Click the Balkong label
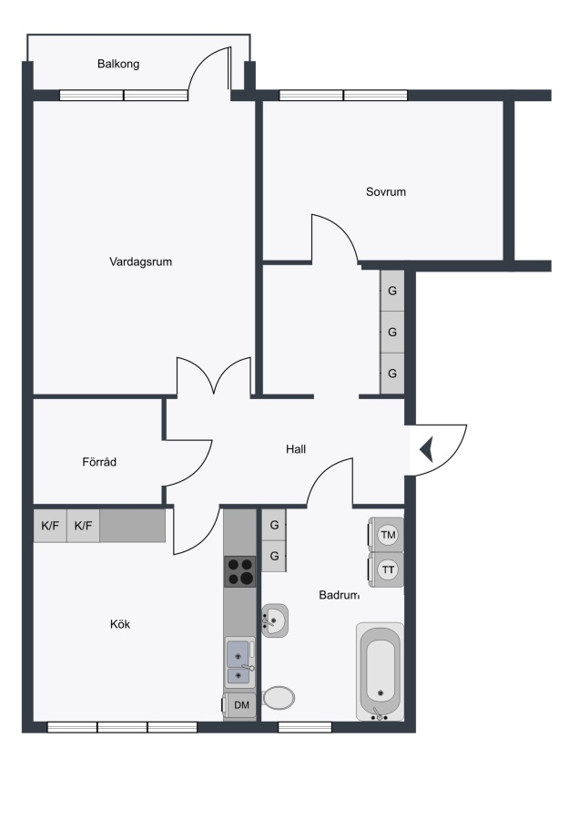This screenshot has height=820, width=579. (x=118, y=65)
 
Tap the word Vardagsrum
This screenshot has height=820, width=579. (x=140, y=261)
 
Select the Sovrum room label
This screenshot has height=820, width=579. (x=386, y=192)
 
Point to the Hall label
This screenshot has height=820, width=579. (x=296, y=448)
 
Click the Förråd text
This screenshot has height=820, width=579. (x=99, y=462)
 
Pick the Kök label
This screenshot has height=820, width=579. (x=120, y=624)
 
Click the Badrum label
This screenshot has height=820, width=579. (x=340, y=595)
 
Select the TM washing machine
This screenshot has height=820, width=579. (x=386, y=535)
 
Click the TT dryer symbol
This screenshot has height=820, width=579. (x=386, y=569)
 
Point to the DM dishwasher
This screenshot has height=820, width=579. (x=239, y=705)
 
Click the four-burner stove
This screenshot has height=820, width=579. (x=239, y=571)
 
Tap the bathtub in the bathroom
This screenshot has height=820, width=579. (x=381, y=671)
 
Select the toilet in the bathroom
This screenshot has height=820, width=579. (x=279, y=697)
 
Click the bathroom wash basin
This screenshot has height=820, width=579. (x=275, y=620)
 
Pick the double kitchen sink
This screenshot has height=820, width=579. (x=240, y=662)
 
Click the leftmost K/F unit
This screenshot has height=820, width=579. (x=50, y=526)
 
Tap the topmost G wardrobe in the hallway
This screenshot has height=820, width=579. (x=392, y=291)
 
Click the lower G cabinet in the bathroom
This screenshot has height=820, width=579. (x=274, y=556)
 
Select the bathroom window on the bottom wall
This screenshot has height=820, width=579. (x=305, y=727)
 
